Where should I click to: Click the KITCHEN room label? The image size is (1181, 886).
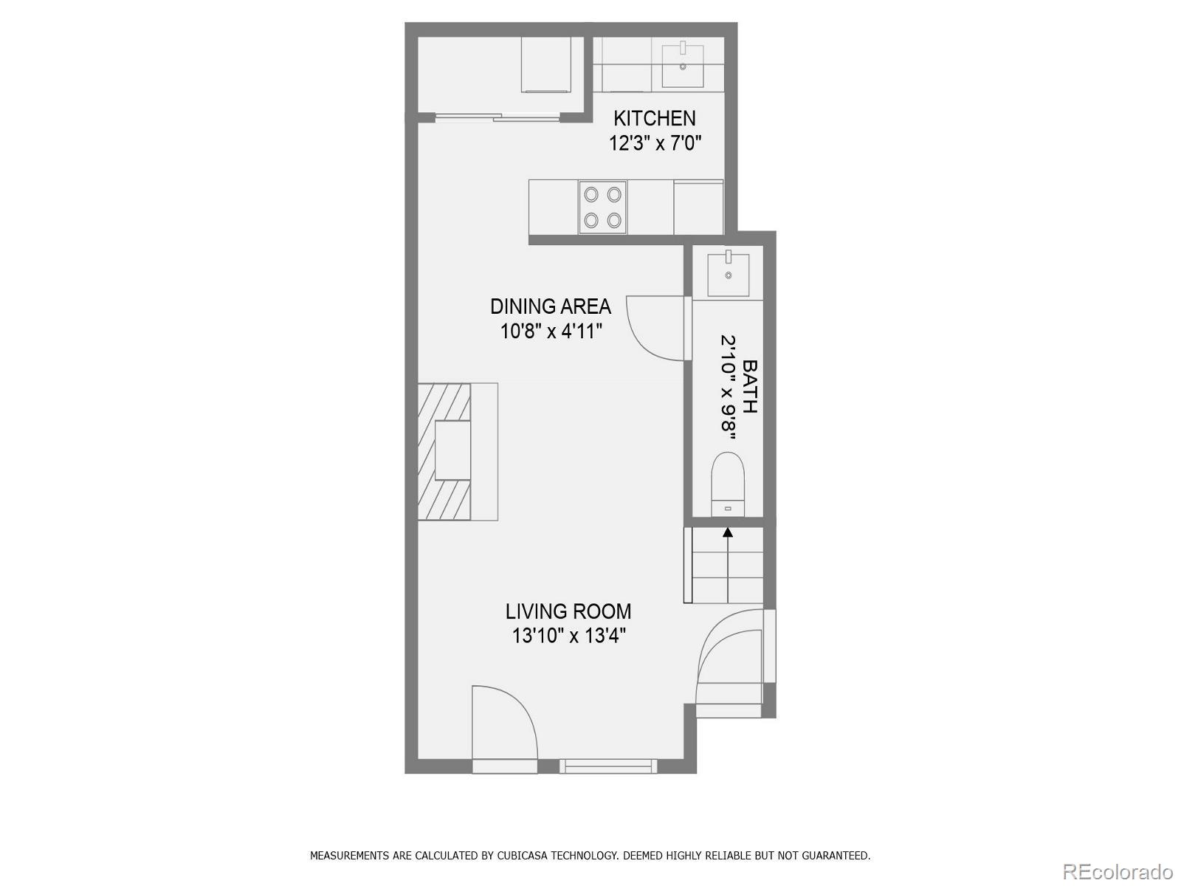click(654, 118)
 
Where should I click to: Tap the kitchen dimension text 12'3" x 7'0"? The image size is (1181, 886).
click(654, 142)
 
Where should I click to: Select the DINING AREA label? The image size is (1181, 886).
click(551, 306)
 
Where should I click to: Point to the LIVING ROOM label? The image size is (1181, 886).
click(568, 611)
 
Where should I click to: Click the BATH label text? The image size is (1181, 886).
click(749, 386)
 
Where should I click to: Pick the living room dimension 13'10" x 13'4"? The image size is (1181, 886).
click(568, 636)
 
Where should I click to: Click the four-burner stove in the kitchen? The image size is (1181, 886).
click(602, 207)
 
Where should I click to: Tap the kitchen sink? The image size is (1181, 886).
click(683, 65)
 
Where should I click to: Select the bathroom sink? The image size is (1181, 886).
click(729, 274)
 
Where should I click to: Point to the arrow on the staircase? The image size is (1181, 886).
click(728, 532)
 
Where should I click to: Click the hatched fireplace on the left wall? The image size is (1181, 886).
click(444, 451)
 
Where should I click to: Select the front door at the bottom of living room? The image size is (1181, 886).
click(504, 727)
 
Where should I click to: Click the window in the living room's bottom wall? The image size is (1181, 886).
click(607, 766)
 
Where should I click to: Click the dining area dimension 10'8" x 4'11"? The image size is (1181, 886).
click(551, 331)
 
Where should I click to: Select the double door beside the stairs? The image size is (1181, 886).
click(731, 657)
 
